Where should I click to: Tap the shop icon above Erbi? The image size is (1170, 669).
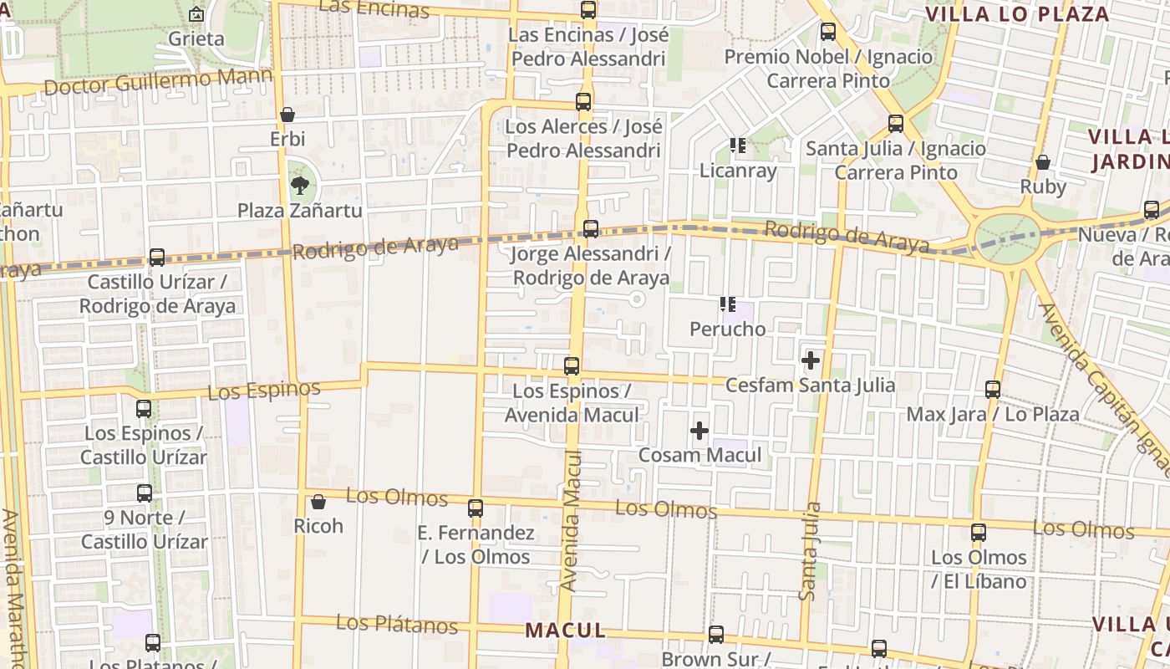(287, 115)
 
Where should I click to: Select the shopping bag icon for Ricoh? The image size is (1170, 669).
(318, 502)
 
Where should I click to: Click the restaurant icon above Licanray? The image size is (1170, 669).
(737, 146)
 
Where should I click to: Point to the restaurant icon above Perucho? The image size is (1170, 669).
(727, 304)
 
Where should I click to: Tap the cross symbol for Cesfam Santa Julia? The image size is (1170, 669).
(810, 360)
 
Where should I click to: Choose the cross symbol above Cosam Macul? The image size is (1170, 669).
(699, 431)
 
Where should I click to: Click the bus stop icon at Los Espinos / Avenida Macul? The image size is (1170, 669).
(572, 366)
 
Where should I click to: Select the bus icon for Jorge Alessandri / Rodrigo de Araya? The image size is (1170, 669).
(590, 229)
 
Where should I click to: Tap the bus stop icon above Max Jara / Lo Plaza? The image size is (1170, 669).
(993, 390)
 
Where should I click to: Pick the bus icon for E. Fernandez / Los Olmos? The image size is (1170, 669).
(476, 508)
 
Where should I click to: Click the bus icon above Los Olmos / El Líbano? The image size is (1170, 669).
(979, 533)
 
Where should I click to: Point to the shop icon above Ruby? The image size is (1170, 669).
(1043, 162)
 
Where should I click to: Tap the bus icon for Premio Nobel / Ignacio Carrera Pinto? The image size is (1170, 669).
(827, 33)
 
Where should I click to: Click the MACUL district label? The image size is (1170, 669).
(565, 631)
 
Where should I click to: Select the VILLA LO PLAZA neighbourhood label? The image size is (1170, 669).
(1017, 14)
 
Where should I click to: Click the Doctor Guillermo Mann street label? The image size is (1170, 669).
(158, 82)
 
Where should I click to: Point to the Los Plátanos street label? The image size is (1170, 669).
(397, 624)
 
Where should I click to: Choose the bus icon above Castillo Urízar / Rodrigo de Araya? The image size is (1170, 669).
(157, 258)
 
